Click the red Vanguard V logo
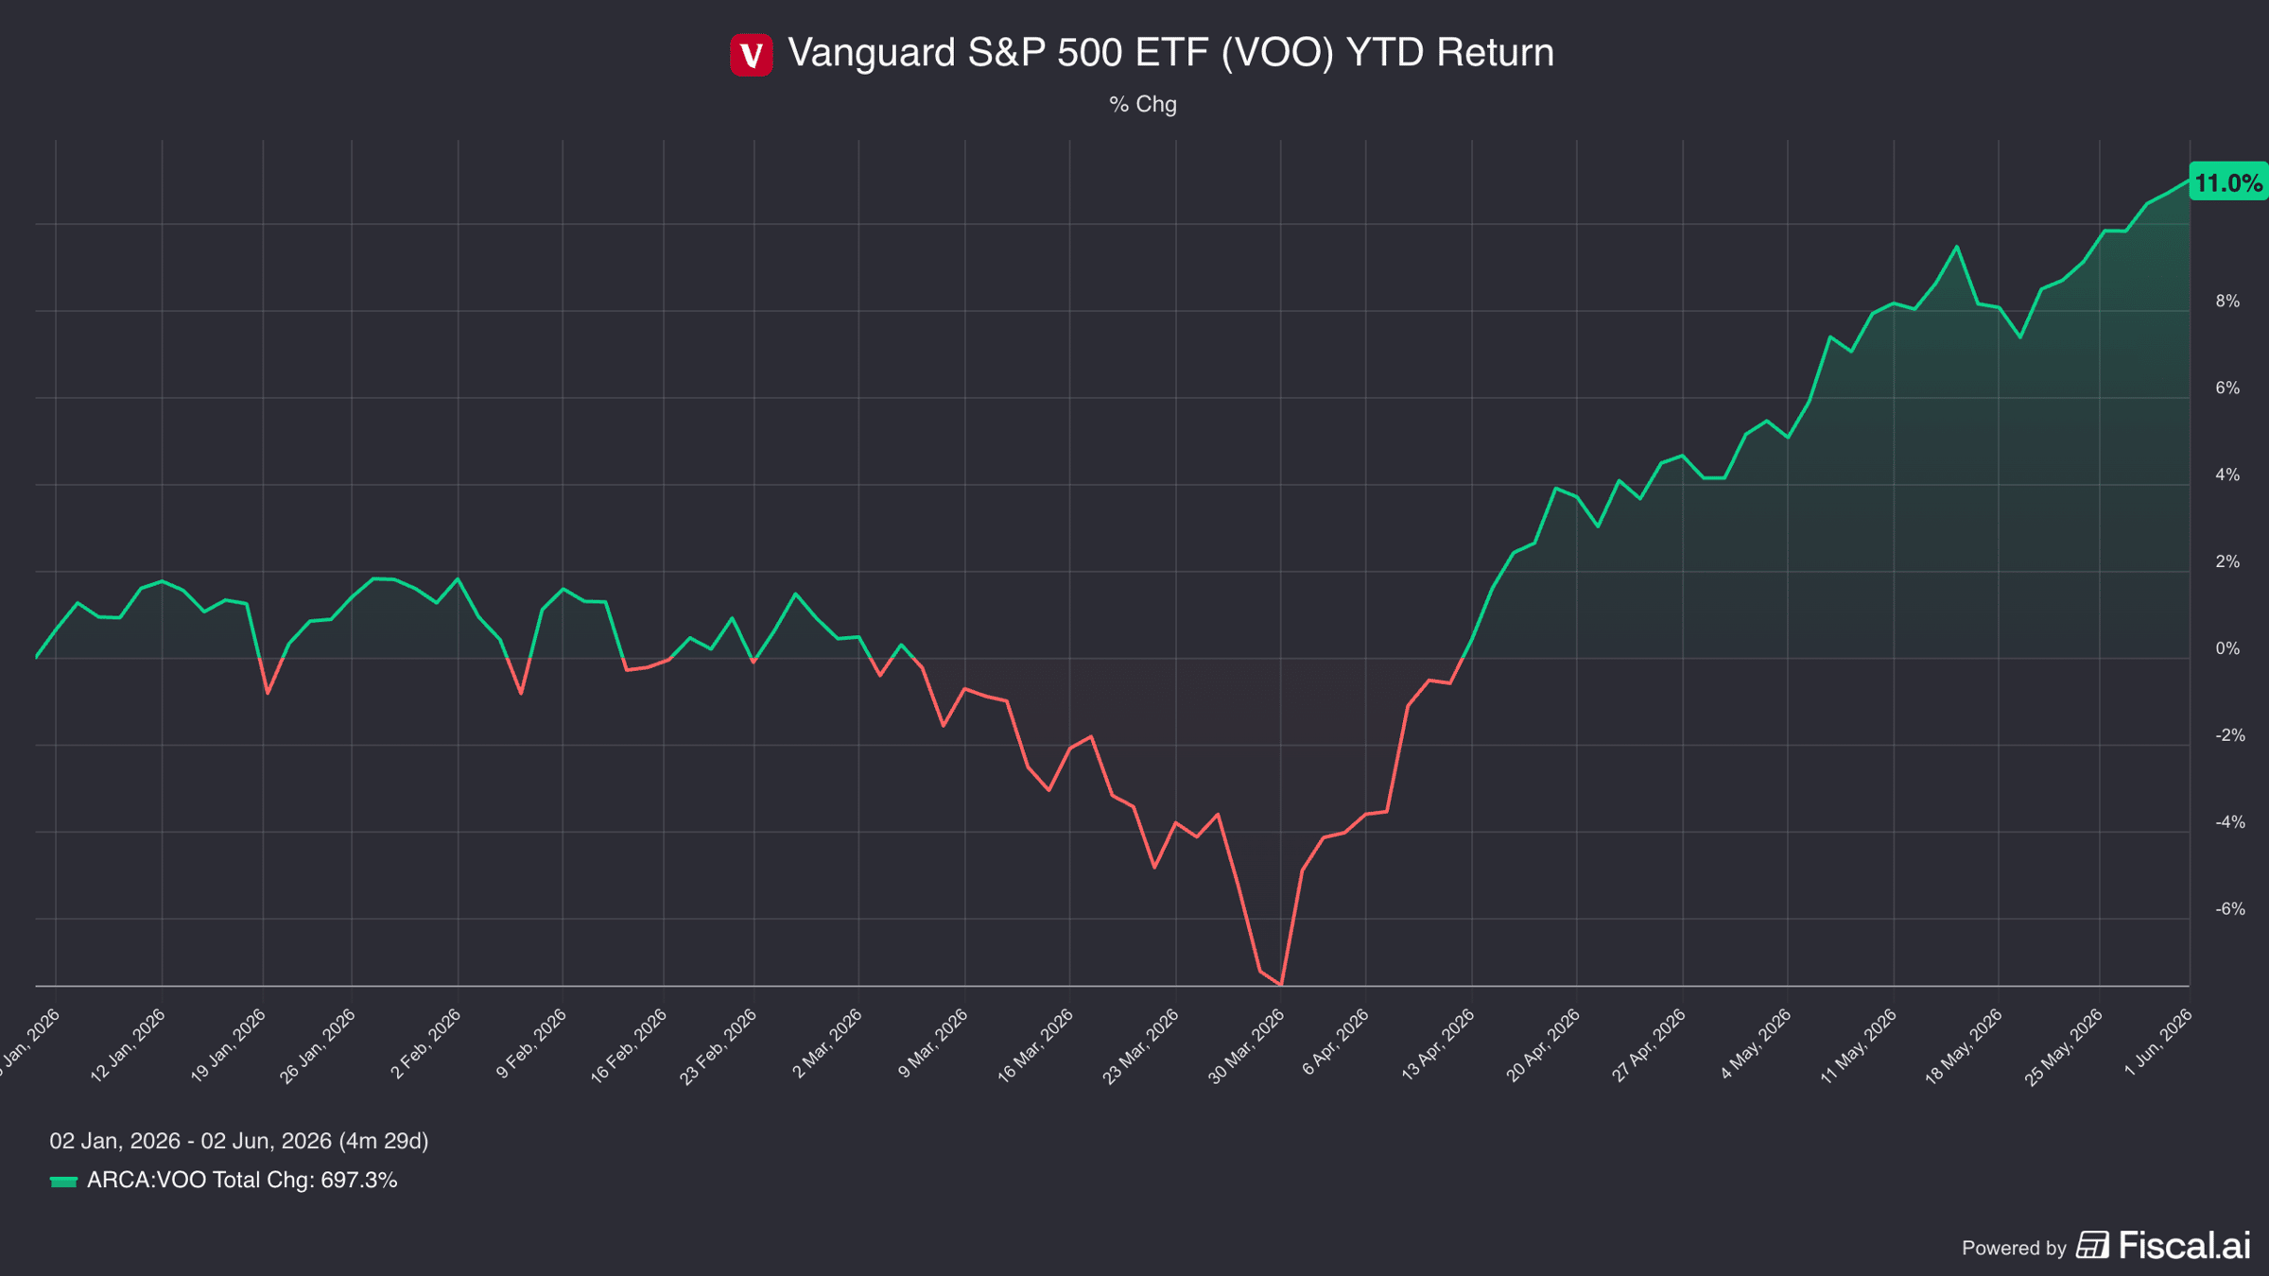(x=752, y=54)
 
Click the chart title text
(x=1170, y=53)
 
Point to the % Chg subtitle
(x=1143, y=104)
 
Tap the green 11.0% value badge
(x=2228, y=182)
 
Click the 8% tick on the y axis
(x=2227, y=302)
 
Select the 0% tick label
(x=2227, y=649)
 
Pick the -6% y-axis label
(x=2229, y=909)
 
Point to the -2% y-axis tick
(x=2229, y=735)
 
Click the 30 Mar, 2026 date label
(x=1246, y=1046)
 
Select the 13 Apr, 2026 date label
(x=1437, y=1045)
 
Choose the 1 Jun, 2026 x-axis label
(x=2158, y=1043)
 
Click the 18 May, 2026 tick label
(x=1964, y=1046)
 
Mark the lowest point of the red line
(x=1281, y=985)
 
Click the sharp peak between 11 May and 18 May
(x=1957, y=247)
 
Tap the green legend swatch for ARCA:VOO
(x=63, y=1181)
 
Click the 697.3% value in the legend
(x=359, y=1181)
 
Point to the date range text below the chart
(x=239, y=1141)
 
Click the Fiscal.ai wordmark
(x=2185, y=1246)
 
